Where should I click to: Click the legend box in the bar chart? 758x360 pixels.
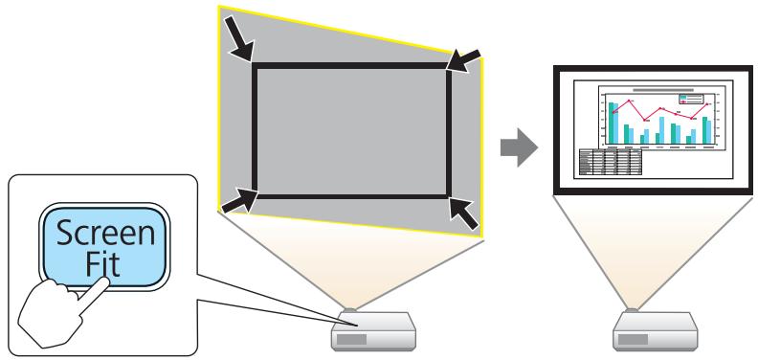[x=691, y=98]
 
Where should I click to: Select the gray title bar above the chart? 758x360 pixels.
[x=657, y=86]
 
